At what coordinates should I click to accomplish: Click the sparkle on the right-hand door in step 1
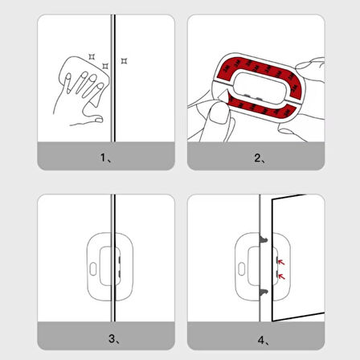(124, 61)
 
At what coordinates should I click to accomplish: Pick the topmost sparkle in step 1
(92, 57)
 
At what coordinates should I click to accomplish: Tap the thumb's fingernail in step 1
(99, 120)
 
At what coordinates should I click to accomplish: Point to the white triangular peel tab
(223, 96)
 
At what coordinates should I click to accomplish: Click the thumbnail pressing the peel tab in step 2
(219, 112)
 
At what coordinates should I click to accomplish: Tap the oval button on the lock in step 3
(93, 269)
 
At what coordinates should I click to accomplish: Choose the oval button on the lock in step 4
(242, 269)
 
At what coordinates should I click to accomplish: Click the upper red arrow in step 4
(281, 262)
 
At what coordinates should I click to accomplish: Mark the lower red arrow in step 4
(281, 276)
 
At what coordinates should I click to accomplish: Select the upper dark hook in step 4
(264, 239)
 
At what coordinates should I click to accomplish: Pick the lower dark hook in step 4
(264, 292)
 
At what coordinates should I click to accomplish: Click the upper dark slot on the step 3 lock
(120, 260)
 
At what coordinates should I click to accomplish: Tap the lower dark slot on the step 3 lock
(120, 274)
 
